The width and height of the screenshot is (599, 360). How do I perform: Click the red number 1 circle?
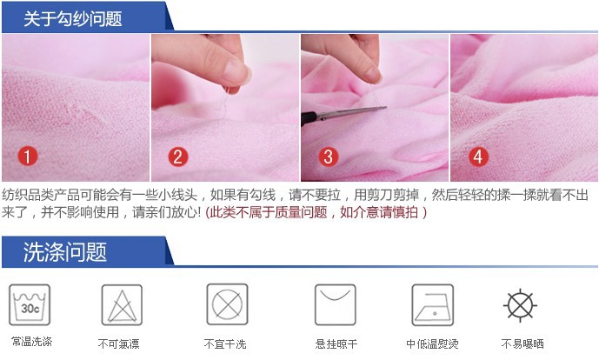(28, 157)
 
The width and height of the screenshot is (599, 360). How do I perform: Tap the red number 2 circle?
(178, 157)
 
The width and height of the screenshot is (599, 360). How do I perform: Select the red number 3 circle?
(329, 157)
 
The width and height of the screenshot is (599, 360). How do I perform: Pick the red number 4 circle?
(478, 157)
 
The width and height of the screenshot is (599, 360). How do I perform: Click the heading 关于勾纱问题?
(73, 19)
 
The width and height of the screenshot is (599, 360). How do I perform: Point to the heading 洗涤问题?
(65, 252)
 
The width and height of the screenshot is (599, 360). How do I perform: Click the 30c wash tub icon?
(30, 304)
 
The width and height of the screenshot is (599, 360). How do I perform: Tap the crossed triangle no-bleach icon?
(122, 304)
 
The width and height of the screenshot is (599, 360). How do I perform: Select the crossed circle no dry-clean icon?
(227, 304)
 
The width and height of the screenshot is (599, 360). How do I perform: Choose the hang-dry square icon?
(335, 304)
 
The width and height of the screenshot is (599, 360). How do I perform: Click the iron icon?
(432, 304)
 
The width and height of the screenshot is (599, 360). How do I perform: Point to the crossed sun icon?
(520, 306)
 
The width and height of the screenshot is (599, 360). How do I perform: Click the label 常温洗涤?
(31, 341)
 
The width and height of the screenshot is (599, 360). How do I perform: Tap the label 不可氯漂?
(119, 344)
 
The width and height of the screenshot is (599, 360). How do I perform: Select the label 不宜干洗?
(225, 344)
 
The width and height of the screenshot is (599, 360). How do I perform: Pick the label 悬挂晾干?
(336, 344)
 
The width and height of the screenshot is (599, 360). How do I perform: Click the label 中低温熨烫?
(432, 344)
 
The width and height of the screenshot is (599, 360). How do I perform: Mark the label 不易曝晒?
(522, 344)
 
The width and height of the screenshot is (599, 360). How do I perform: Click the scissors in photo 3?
(343, 114)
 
